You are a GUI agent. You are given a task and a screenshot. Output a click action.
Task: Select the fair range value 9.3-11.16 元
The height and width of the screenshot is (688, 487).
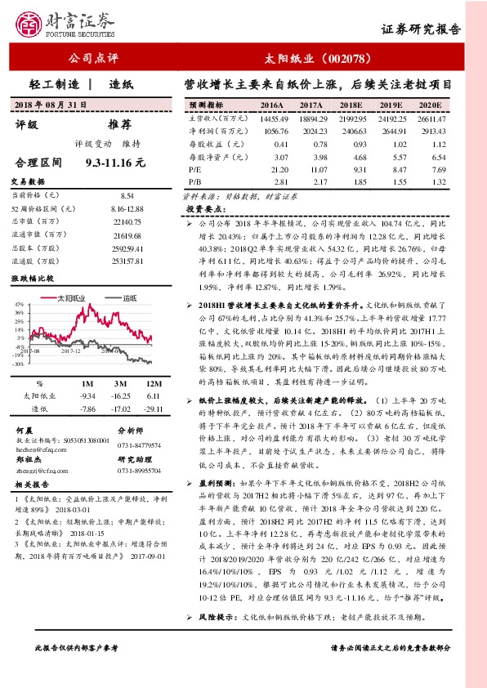coord(115,163)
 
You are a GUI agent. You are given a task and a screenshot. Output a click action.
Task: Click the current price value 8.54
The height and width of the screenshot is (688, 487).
coord(127,196)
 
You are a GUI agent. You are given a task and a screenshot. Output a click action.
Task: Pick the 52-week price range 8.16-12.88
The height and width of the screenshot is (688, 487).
coord(126,210)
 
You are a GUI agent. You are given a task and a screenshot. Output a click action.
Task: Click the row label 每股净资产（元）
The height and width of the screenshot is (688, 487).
coord(217,156)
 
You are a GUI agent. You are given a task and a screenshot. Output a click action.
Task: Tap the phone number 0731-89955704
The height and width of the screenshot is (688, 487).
coord(140,471)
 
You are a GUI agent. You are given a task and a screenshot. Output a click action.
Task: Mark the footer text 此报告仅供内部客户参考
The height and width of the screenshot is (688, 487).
coord(78,670)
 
